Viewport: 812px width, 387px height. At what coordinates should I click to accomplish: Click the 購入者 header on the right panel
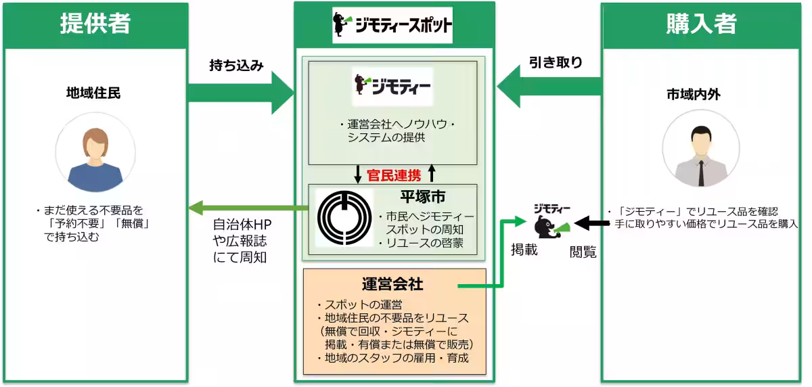pyautogui.click(x=701, y=24)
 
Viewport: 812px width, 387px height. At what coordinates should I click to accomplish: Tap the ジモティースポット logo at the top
pyautogui.click(x=392, y=26)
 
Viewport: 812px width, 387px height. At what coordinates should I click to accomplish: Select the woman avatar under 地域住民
pyautogui.click(x=95, y=160)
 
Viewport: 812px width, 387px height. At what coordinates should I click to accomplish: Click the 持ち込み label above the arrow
pyautogui.click(x=236, y=66)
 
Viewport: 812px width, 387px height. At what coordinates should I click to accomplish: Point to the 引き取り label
pyautogui.click(x=556, y=63)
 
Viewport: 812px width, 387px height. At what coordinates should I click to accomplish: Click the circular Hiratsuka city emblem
pyautogui.click(x=344, y=219)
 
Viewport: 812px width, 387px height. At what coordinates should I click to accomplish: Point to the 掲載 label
pyautogui.click(x=524, y=250)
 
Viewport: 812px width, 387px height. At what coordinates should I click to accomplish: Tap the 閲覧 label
pyautogui.click(x=583, y=252)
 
